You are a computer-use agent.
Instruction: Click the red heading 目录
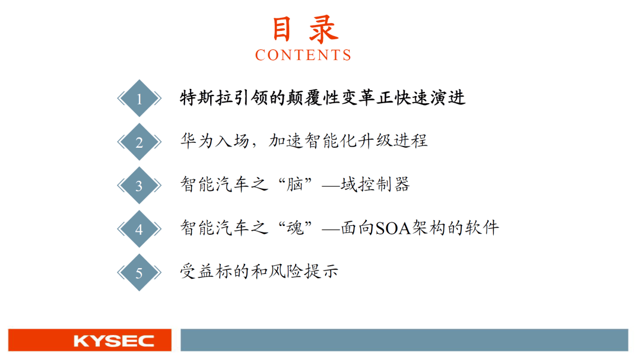pyautogui.click(x=304, y=29)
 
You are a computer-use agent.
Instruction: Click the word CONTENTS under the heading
pyautogui.click(x=303, y=55)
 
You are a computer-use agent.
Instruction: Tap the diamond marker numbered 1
pyautogui.click(x=139, y=99)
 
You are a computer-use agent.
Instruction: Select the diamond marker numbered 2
pyautogui.click(x=139, y=142)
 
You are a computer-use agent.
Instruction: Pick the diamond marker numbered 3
pyautogui.click(x=139, y=186)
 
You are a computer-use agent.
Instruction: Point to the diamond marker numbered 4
pyautogui.click(x=139, y=229)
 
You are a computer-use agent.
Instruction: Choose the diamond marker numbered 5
pyautogui.click(x=139, y=273)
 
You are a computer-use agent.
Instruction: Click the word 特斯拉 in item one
pyautogui.click(x=205, y=98)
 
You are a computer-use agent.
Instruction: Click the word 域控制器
pyautogui.click(x=375, y=184)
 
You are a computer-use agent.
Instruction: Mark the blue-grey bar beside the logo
pyautogui.click(x=404, y=340)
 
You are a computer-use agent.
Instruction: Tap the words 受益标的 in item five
pyautogui.click(x=214, y=272)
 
